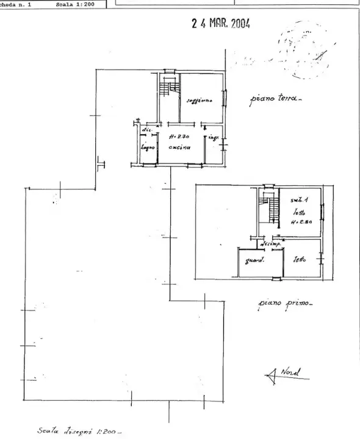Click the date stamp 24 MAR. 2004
point(220,24)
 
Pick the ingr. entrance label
point(214,138)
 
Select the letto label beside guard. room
point(299,260)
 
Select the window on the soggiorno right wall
point(225,96)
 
